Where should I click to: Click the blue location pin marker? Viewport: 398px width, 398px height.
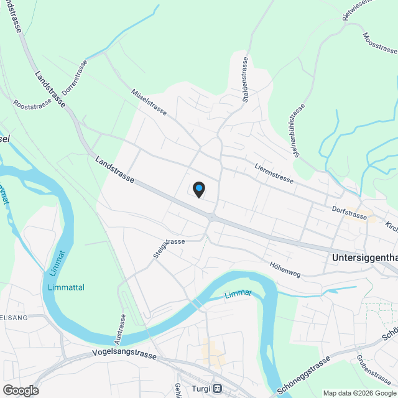click(x=198, y=189)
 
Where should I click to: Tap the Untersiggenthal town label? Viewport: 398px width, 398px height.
click(x=364, y=257)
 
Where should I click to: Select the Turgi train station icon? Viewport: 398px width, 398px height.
click(x=217, y=389)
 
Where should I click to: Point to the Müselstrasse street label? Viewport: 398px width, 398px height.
click(x=149, y=101)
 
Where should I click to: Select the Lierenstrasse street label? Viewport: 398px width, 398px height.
click(x=274, y=172)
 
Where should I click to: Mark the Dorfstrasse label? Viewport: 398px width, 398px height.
click(x=349, y=214)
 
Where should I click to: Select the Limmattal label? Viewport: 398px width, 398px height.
click(x=65, y=287)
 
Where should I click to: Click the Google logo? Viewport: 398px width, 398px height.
click(x=20, y=390)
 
